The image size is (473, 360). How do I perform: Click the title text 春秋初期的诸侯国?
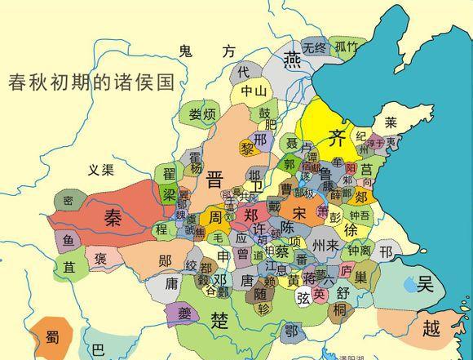click(91, 82)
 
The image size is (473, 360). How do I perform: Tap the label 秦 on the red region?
click(113, 216)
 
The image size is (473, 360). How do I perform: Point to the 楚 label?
click(218, 318)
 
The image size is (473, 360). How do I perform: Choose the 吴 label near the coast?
click(424, 284)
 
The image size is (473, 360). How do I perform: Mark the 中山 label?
click(251, 91)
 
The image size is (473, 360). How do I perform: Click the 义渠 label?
click(103, 170)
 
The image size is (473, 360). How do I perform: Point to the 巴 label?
click(98, 351)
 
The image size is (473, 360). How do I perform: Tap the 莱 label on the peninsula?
click(391, 123)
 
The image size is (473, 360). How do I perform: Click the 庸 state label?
click(170, 283)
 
